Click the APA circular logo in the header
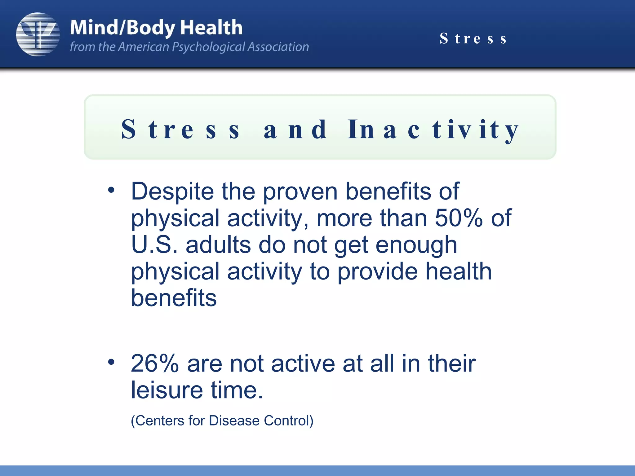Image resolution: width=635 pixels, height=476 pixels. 38,34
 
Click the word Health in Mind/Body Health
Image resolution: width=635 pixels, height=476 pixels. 211,28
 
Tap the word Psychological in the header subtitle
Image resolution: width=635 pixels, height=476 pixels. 208,47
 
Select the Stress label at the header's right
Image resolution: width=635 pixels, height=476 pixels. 473,39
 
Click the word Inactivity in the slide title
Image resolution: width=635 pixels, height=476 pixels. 433,130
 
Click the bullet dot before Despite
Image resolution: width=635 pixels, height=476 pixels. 111,190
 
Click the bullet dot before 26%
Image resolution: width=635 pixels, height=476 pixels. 111,362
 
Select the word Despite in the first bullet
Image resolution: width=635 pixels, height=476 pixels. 172,192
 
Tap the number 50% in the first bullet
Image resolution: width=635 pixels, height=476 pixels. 459,218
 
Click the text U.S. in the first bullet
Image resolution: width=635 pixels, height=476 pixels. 154,245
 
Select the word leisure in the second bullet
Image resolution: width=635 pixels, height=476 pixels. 167,390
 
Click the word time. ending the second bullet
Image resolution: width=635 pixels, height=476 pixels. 237,390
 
